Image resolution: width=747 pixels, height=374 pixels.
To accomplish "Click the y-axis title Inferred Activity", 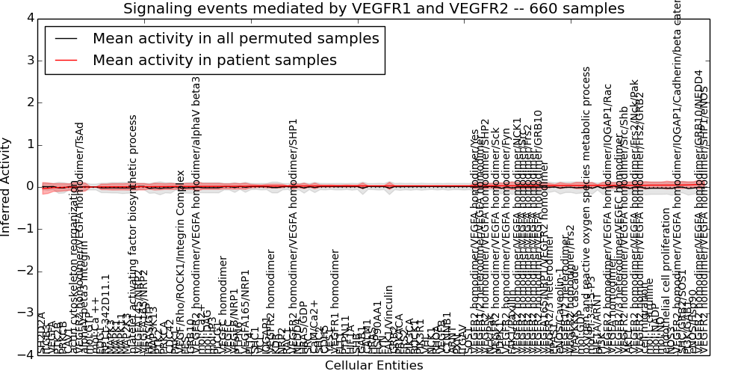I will [7, 186].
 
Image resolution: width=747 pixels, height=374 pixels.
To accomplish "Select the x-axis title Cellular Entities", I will [373, 366].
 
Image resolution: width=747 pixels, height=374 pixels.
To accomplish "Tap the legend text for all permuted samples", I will [236, 39].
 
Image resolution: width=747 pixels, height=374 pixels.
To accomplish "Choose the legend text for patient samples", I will [214, 60].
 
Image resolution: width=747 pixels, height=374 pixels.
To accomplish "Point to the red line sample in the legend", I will [66, 60].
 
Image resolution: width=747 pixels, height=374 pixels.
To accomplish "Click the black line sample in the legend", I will [66, 39].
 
